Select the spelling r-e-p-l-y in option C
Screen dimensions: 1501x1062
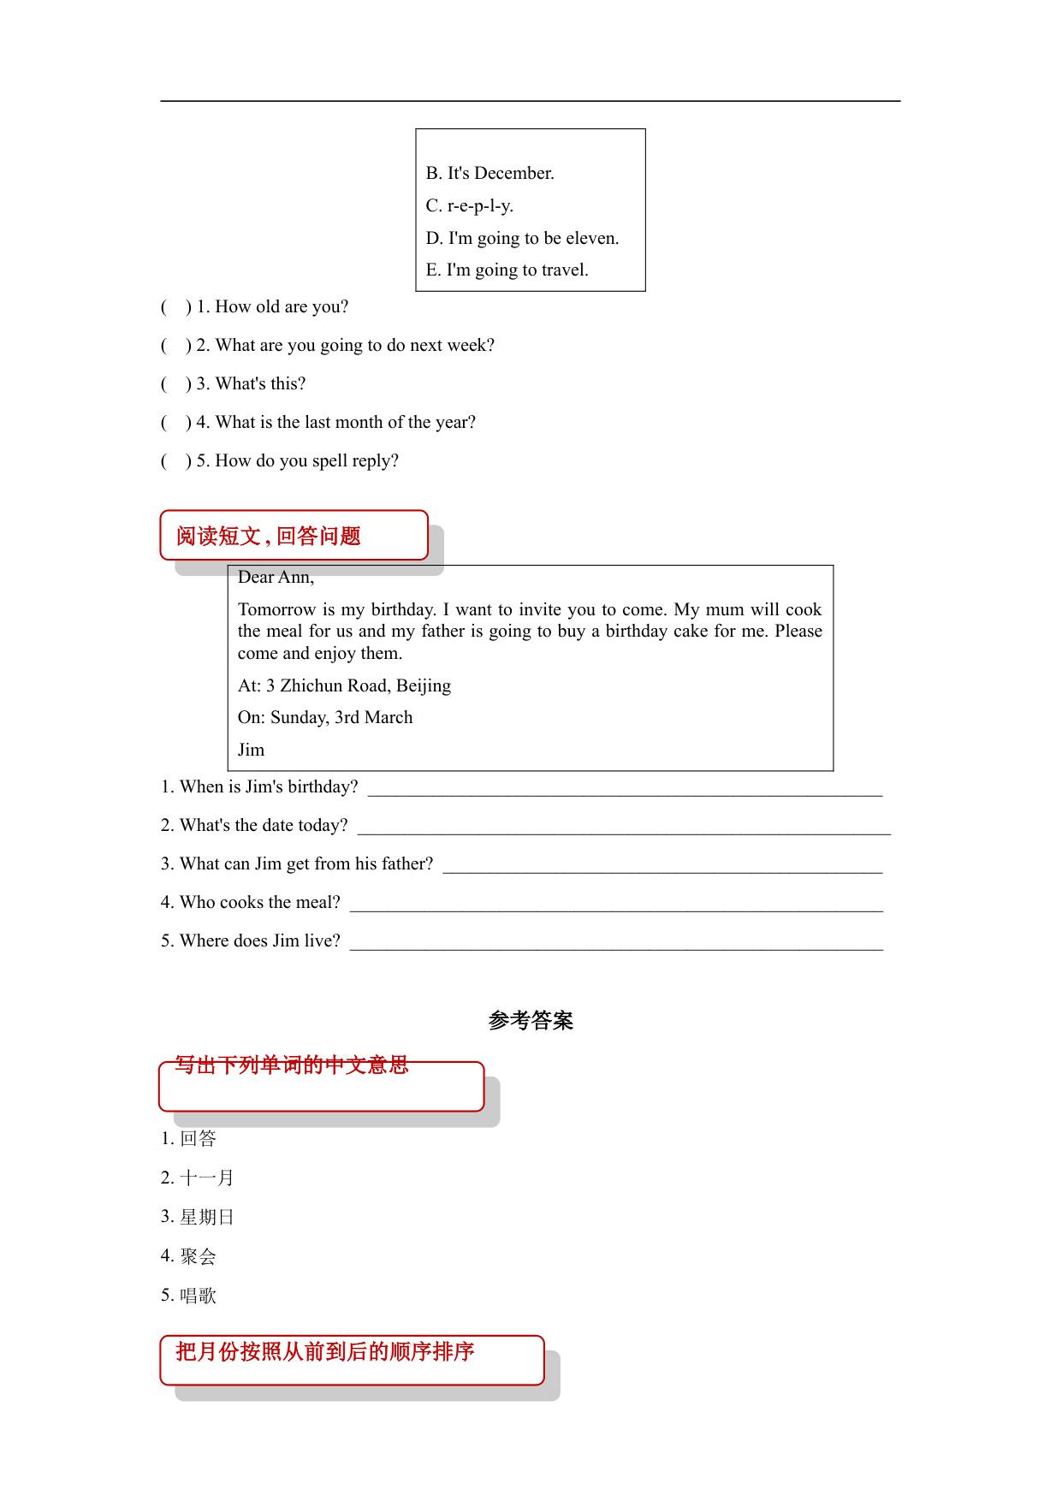pyautogui.click(x=480, y=206)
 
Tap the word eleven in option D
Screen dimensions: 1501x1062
pyautogui.click(x=592, y=239)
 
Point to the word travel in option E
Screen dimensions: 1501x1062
pyautogui.click(x=563, y=270)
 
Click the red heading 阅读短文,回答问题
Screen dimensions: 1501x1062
pyautogui.click(x=269, y=537)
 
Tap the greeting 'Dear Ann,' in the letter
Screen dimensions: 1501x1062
pyautogui.click(x=276, y=578)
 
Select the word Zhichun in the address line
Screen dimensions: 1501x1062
pyautogui.click(x=333, y=686)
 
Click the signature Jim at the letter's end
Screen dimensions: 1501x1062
pyautogui.click(x=251, y=750)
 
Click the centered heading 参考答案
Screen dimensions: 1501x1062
pyautogui.click(x=531, y=1021)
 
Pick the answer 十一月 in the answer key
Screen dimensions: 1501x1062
pyautogui.click(x=206, y=1178)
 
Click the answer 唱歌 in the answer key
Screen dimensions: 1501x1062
pyautogui.click(x=198, y=1296)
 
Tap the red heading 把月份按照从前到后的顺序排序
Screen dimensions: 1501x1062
pyautogui.click(x=325, y=1352)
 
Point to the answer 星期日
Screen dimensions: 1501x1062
pyautogui.click(x=206, y=1218)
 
